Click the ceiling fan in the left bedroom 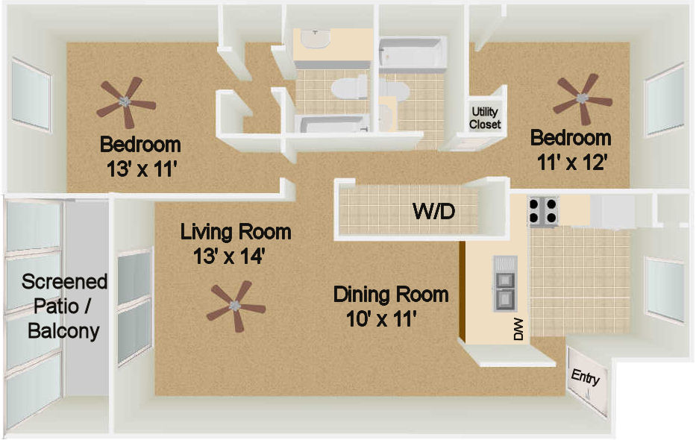(125, 102)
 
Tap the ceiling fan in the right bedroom (583, 98)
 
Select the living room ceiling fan (236, 306)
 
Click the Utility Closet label (485, 118)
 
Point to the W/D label (433, 211)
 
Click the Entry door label (585, 377)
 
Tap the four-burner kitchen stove (543, 211)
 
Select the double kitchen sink (505, 283)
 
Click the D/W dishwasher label (518, 329)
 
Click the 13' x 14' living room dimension (229, 257)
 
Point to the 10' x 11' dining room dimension (381, 319)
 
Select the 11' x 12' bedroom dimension (571, 163)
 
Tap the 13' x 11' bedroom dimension (142, 169)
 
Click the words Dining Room (391, 295)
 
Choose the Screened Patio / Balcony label (64, 306)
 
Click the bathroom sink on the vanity (315, 39)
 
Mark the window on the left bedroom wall (31, 95)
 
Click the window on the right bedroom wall (665, 100)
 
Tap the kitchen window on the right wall (665, 289)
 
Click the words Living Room (236, 232)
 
